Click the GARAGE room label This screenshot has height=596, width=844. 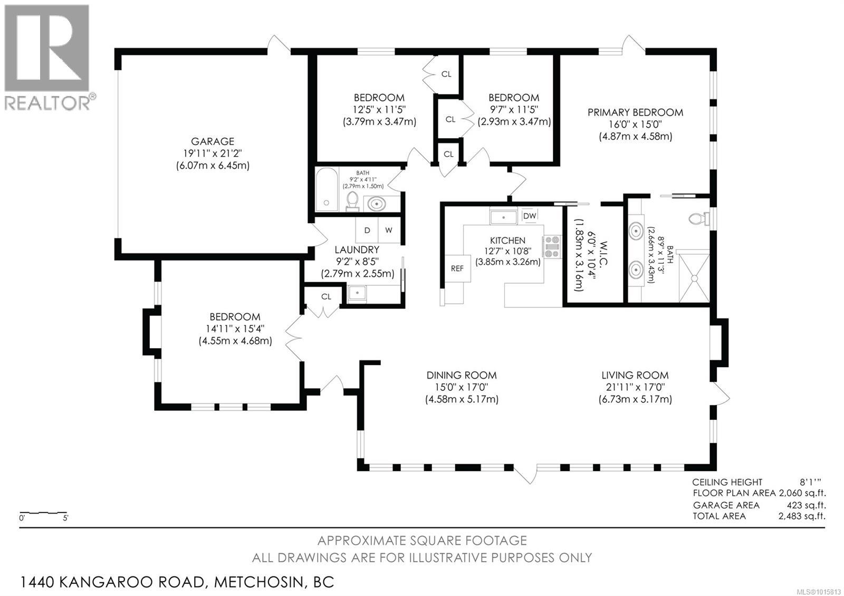[212, 141]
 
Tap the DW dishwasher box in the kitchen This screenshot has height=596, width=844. [529, 216]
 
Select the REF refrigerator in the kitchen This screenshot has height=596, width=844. [457, 268]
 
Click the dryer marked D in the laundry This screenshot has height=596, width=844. [367, 230]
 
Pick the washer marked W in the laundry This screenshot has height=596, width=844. [389, 230]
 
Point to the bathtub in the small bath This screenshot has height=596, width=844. [327, 190]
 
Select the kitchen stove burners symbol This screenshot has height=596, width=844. [552, 247]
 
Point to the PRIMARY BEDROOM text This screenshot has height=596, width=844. [635, 112]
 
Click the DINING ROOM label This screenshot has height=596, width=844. [462, 376]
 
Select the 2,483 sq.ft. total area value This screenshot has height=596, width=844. [802, 516]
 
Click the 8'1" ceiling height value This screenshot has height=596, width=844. [809, 482]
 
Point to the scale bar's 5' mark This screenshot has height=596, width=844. [65, 518]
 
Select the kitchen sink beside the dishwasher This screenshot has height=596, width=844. [503, 217]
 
